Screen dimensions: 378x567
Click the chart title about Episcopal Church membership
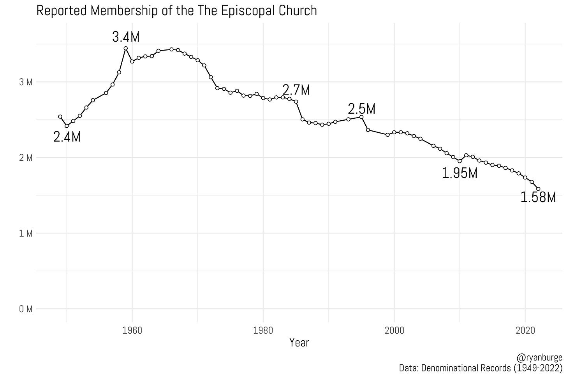click(x=176, y=10)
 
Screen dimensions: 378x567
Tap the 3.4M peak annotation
click(x=126, y=37)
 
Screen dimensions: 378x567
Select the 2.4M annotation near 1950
click(x=67, y=137)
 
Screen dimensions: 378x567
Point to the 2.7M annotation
click(x=296, y=90)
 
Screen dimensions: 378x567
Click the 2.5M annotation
click(x=362, y=109)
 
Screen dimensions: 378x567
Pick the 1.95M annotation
click(x=460, y=173)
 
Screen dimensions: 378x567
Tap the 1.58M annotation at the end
click(x=538, y=197)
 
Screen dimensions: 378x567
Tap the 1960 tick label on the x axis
click(x=132, y=331)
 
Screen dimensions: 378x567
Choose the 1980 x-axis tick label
click(x=263, y=331)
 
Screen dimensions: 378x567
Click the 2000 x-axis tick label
click(x=394, y=331)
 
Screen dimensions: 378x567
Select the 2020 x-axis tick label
click(x=525, y=331)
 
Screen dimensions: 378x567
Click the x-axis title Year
click(x=299, y=343)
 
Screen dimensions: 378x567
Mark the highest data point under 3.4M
click(x=126, y=48)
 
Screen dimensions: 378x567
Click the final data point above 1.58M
click(x=539, y=189)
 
